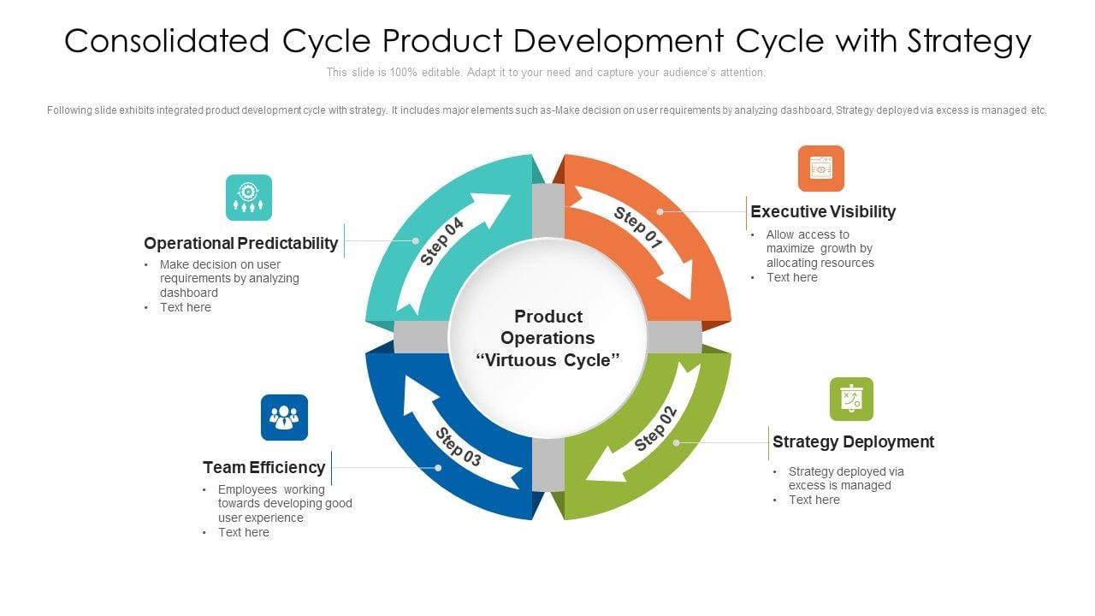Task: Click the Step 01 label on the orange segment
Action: (638, 228)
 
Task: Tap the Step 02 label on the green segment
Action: (656, 428)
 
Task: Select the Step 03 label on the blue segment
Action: (458, 446)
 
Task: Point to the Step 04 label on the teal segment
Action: (442, 241)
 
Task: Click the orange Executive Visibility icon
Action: (821, 169)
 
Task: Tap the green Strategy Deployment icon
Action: (851, 400)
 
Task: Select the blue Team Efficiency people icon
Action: (284, 418)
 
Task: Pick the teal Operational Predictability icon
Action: (249, 198)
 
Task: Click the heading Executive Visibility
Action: (823, 211)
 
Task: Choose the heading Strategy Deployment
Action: (853, 441)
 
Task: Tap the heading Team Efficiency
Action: (263, 467)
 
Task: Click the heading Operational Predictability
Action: (241, 243)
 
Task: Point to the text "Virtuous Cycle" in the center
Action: (547, 360)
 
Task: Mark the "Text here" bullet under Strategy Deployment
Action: (814, 500)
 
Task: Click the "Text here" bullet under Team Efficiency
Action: (243, 532)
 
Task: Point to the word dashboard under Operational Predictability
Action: (189, 293)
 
